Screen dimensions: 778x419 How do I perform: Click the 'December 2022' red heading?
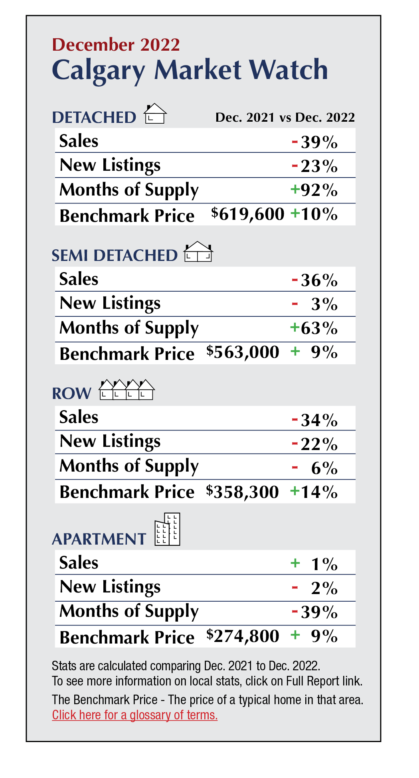(116, 45)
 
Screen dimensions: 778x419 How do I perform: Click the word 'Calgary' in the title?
(99, 70)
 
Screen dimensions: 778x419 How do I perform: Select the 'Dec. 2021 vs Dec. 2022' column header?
(285, 117)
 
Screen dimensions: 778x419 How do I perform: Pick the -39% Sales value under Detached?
(315, 142)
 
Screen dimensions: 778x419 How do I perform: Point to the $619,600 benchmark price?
(248, 214)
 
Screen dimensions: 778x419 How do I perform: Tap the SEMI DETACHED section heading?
(115, 255)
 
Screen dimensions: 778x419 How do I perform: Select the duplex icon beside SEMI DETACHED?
(198, 252)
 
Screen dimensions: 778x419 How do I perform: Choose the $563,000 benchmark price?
(243, 352)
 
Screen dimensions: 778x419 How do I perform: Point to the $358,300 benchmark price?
(242, 492)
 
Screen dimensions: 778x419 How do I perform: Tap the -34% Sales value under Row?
(315, 420)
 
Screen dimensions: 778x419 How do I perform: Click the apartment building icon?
(168, 529)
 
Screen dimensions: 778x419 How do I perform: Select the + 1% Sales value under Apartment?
(315, 564)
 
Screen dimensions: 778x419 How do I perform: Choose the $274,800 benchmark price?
(243, 636)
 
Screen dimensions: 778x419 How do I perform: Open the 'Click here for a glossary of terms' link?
(135, 715)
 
